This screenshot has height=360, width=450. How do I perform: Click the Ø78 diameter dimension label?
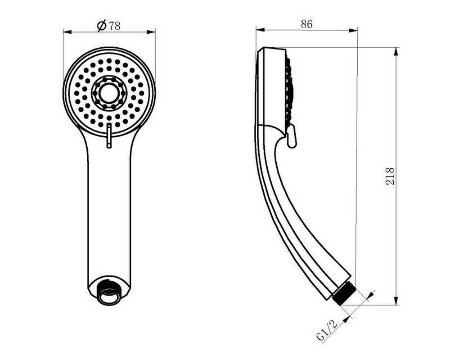click(x=108, y=26)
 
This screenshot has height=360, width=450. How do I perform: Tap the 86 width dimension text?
click(x=306, y=24)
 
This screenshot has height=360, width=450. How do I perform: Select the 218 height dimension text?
click(x=390, y=176)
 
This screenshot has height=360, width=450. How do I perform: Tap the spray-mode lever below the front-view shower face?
click(x=109, y=136)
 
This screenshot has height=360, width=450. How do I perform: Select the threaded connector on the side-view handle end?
click(x=343, y=294)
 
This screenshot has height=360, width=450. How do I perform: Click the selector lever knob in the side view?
click(x=291, y=136)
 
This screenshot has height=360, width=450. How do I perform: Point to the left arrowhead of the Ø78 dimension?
click(x=67, y=31)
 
